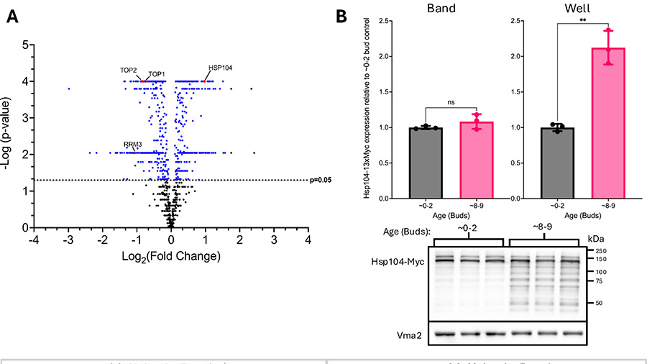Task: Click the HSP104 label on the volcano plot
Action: coord(220,68)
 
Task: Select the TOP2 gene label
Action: coord(129,70)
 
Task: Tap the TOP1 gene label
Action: coord(157,74)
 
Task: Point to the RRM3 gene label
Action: coord(133,145)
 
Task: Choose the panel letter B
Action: coord(342,15)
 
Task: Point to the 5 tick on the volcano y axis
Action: coord(25,45)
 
